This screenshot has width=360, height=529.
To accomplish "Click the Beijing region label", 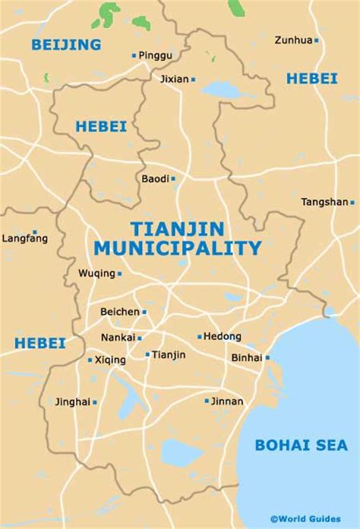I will click(x=66, y=45).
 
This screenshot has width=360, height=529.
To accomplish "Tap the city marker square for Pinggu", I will click(x=134, y=55).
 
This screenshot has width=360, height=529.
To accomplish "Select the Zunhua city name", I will click(x=293, y=39).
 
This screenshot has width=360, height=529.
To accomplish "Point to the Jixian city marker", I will click(x=193, y=79).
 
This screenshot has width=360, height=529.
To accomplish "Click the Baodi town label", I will click(x=155, y=179).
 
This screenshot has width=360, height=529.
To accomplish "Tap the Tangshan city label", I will click(x=324, y=202).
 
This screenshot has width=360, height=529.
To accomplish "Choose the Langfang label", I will click(x=25, y=238).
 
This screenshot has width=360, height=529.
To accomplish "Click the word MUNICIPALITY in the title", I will click(x=177, y=247).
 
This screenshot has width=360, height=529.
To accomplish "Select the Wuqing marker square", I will click(x=119, y=273).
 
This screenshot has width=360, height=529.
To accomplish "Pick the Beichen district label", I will click(x=120, y=312).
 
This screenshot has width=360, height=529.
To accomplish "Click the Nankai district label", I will click(x=118, y=338).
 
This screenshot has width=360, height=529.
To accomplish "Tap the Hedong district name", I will click(x=223, y=336).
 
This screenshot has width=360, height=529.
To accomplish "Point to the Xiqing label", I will click(x=110, y=360).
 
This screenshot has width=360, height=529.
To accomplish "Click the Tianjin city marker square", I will click(x=147, y=354).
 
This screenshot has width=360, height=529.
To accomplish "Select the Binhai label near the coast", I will click(x=247, y=357).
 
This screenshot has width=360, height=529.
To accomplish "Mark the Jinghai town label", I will click(x=72, y=401).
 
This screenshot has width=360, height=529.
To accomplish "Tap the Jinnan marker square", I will click(x=207, y=401).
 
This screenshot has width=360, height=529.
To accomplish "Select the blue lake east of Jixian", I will click(x=221, y=90).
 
